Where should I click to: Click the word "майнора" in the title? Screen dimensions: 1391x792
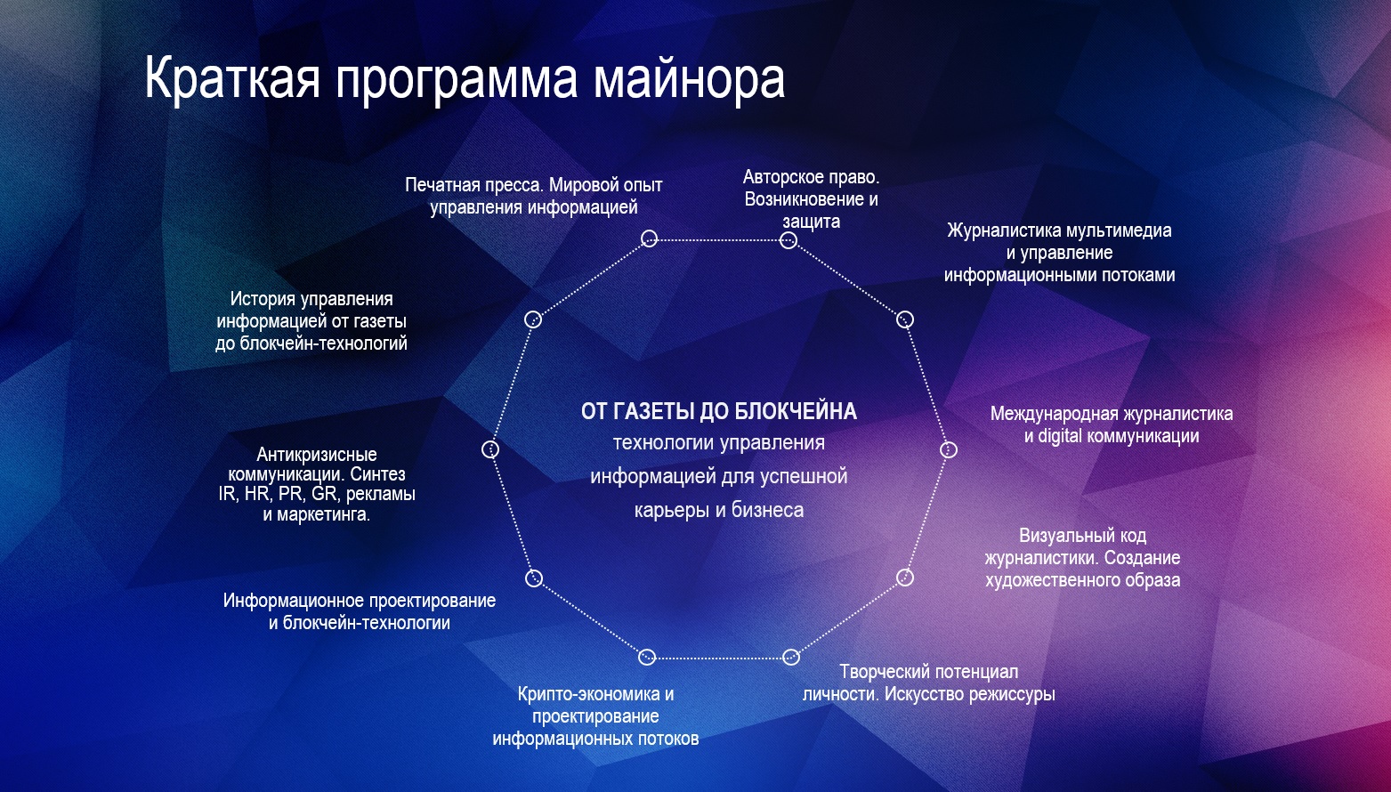(690, 78)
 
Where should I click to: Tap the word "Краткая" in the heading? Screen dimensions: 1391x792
(232, 78)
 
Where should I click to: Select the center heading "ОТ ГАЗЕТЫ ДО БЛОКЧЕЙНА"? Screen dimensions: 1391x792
(718, 411)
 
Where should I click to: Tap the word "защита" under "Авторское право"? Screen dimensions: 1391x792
(811, 222)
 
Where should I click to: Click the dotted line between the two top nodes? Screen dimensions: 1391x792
(719, 239)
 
